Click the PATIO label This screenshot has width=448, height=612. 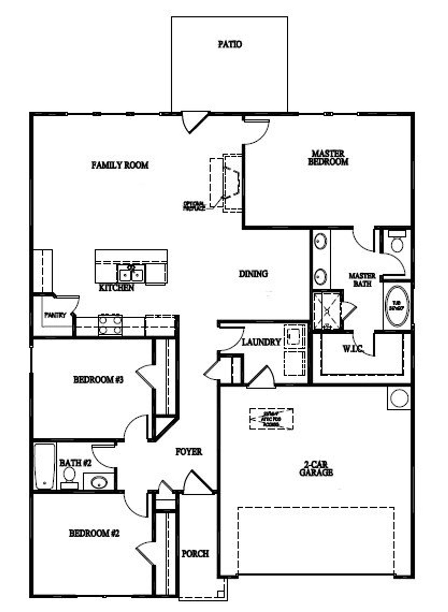click(230, 44)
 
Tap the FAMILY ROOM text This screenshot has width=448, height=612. click(120, 165)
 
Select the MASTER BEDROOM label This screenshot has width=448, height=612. click(328, 157)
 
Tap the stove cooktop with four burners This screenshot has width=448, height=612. click(110, 325)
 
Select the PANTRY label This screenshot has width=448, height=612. click(55, 315)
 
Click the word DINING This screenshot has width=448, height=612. click(253, 274)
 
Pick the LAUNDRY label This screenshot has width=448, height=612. click(261, 342)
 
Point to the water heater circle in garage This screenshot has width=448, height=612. click(399, 398)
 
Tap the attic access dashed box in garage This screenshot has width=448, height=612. click(271, 419)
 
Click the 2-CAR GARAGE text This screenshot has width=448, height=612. click(316, 469)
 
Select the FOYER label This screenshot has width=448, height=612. click(189, 452)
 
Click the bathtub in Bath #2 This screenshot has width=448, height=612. click(44, 467)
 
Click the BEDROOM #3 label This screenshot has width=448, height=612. click(98, 379)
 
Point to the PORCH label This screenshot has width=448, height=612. click(195, 554)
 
